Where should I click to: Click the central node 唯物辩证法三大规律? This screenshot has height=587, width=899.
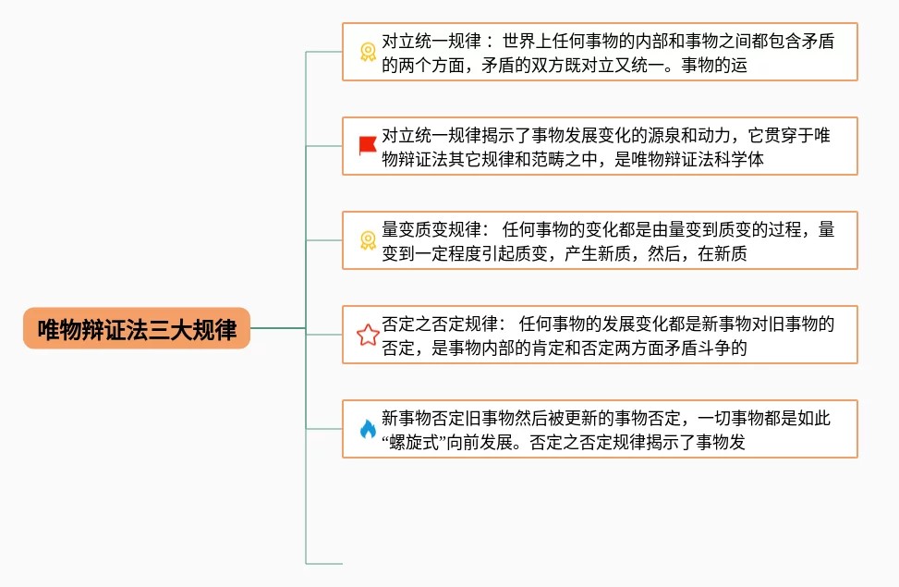click(x=137, y=328)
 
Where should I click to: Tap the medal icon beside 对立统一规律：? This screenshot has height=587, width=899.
click(x=367, y=52)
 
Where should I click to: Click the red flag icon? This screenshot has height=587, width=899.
click(x=367, y=145)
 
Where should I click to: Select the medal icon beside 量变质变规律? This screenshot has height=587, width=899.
click(x=367, y=240)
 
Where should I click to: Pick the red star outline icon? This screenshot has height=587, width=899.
click(x=368, y=335)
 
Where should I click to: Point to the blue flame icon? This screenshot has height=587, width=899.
click(x=367, y=429)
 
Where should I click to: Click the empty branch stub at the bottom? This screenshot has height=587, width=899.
click(x=323, y=562)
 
